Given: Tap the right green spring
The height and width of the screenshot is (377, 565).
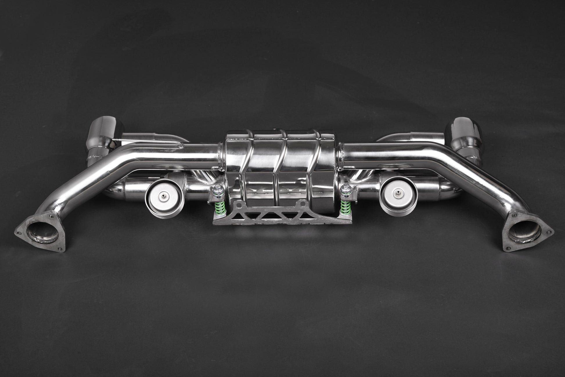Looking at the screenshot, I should (x=346, y=203).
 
